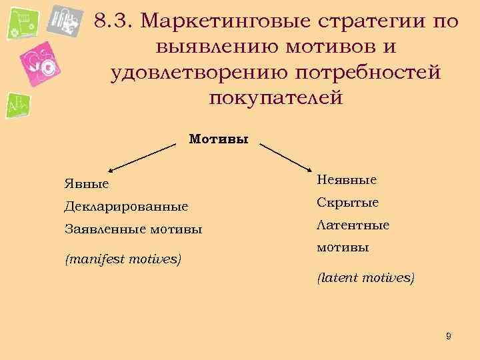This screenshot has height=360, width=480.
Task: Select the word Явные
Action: click(x=87, y=183)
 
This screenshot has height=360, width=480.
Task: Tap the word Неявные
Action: click(x=347, y=179)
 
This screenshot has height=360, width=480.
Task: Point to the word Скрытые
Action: click(x=347, y=203)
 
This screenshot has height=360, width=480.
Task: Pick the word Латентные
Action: click(x=353, y=225)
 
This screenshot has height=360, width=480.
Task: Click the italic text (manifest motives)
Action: click(x=123, y=257)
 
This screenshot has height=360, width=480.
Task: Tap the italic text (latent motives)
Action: click(x=365, y=277)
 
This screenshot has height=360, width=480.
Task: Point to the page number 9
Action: click(x=449, y=336)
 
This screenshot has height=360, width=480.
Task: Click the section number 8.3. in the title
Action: click(x=115, y=21)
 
